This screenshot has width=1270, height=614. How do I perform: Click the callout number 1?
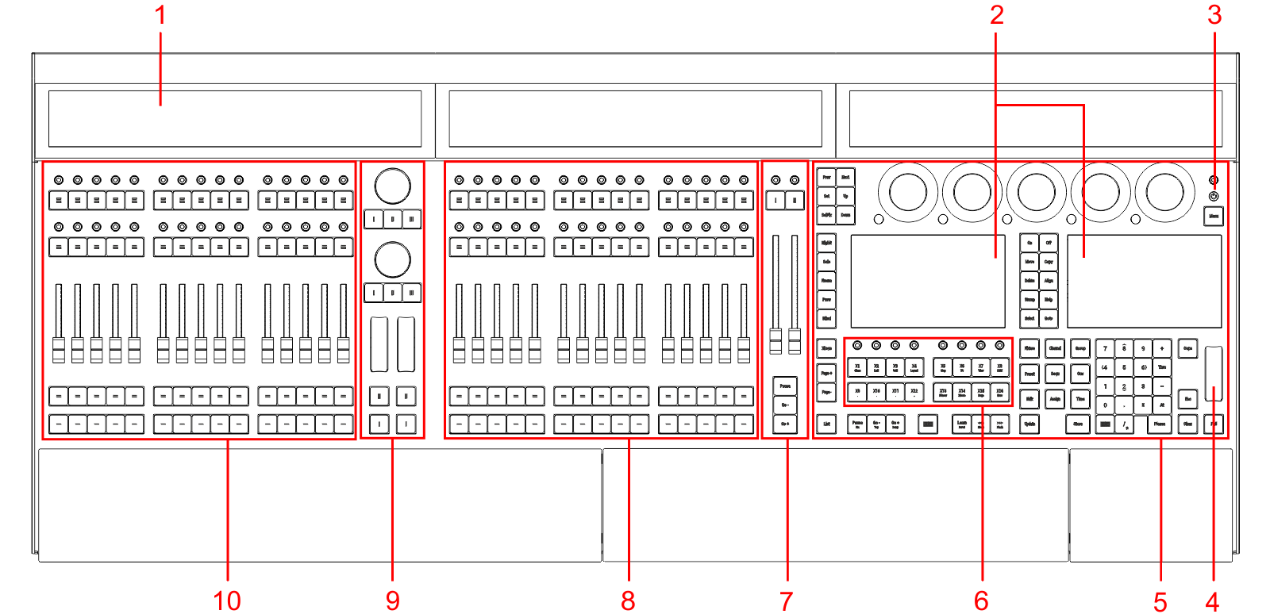(x=160, y=14)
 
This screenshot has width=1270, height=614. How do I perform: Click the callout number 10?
(x=227, y=601)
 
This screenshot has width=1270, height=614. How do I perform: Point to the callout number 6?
(x=982, y=601)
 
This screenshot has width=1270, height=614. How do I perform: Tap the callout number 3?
(x=1214, y=14)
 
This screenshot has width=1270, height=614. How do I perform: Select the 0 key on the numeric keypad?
(x=1105, y=405)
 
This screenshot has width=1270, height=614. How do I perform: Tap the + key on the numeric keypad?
(x=1162, y=348)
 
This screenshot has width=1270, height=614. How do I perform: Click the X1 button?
(x=857, y=367)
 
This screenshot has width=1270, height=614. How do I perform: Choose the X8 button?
(x=999, y=367)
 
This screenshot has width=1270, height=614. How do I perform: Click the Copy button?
(x=1049, y=262)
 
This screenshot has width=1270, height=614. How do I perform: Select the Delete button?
(x=1029, y=281)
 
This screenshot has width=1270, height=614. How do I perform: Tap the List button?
(x=826, y=424)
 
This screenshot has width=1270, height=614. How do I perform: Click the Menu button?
(x=1214, y=216)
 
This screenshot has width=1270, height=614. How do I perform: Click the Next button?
(x=845, y=178)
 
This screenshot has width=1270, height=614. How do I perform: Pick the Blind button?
(x=826, y=319)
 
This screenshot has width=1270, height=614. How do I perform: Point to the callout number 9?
(x=393, y=601)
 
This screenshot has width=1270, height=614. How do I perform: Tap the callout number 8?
(x=628, y=601)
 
